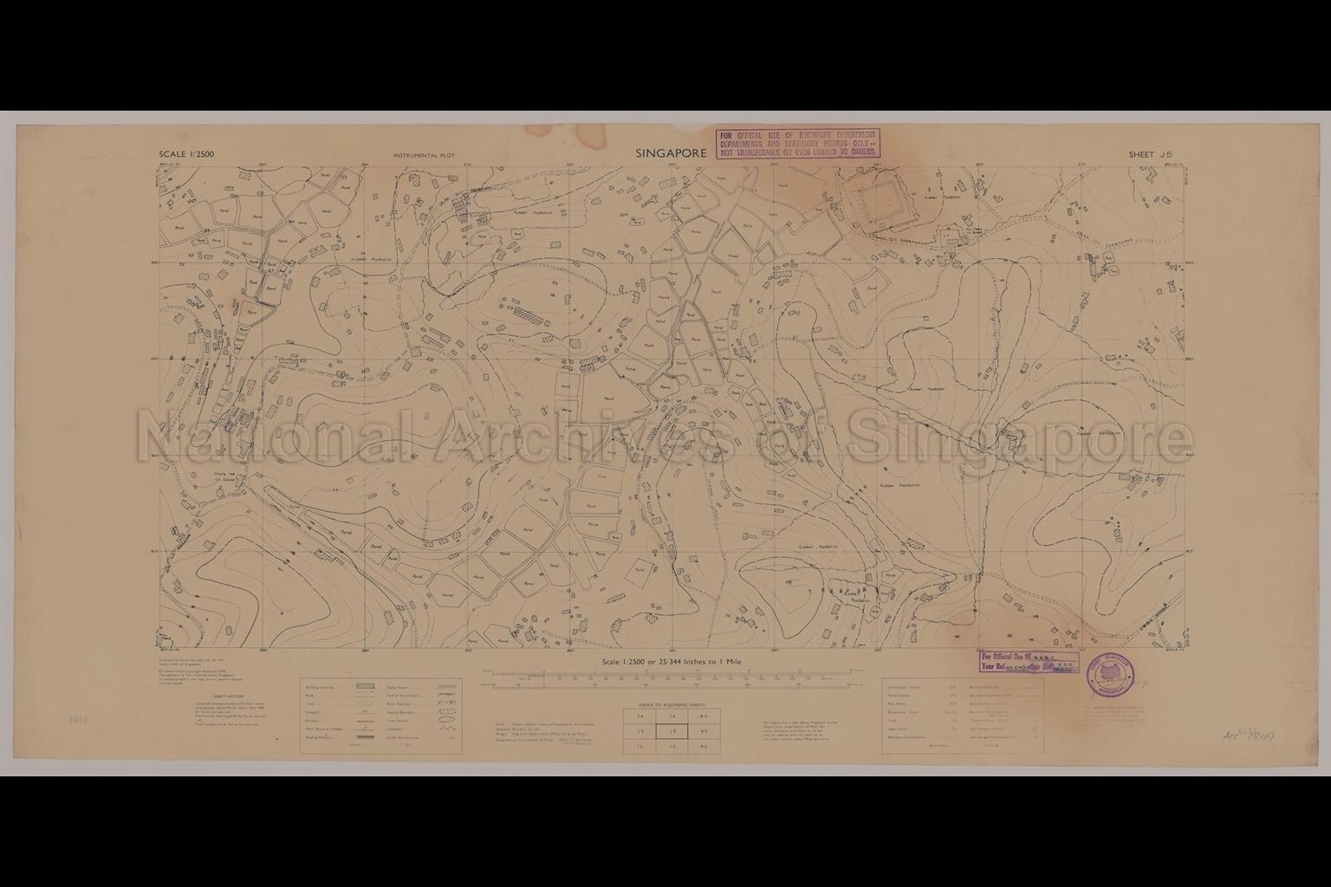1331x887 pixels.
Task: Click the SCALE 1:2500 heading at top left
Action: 186,155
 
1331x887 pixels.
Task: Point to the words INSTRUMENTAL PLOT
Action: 430,156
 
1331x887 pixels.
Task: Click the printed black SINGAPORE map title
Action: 672,153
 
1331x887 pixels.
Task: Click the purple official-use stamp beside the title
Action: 796,142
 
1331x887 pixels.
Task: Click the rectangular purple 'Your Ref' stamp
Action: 1029,663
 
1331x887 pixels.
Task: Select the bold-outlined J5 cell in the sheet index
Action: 672,732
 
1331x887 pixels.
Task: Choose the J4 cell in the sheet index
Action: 672,716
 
